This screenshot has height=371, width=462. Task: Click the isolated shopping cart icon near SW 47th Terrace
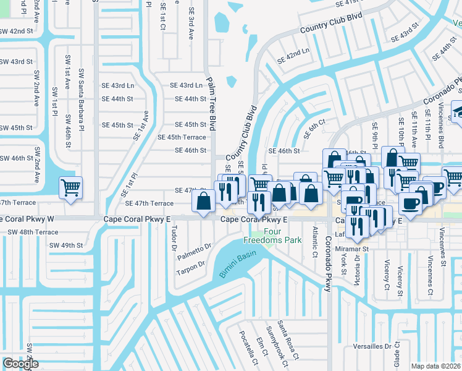tap(70, 187)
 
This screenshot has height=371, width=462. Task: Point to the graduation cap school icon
tap(458, 111)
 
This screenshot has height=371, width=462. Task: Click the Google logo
tap(20, 364)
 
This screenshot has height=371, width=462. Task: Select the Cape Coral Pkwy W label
tap(25, 219)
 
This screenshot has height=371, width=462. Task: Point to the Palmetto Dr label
tap(195, 252)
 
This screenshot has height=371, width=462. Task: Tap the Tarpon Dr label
tap(191, 265)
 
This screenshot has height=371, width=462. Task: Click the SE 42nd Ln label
tap(293, 56)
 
